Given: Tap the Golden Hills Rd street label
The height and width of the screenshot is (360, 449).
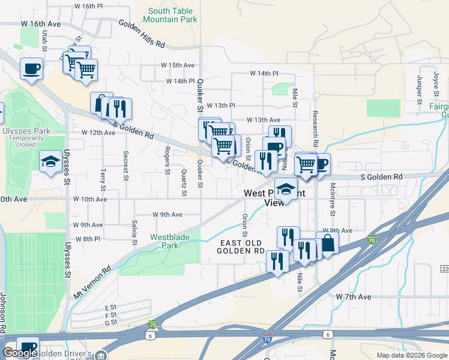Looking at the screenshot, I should coord(142,34).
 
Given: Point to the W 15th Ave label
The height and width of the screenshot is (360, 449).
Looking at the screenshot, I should coord(178,65).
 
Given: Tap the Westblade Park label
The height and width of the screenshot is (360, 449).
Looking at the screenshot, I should coord(170,241).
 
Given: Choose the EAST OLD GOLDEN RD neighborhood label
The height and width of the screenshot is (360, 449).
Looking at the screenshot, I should coord(243,247).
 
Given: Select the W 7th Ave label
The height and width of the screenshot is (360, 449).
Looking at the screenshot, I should coord(354,297).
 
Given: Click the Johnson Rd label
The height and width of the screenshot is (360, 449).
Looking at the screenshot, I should coord(4,312).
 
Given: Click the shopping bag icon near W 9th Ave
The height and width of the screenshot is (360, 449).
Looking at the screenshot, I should coord(327,244).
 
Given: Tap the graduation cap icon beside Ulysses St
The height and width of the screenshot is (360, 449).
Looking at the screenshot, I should coord(50,161).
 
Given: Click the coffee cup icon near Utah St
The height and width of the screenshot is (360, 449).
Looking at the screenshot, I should coord(31,68).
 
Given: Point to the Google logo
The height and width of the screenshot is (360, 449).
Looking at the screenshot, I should coord(20,353).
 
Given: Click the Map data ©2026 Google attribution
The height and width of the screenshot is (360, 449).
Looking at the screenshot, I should coord(411,355).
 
